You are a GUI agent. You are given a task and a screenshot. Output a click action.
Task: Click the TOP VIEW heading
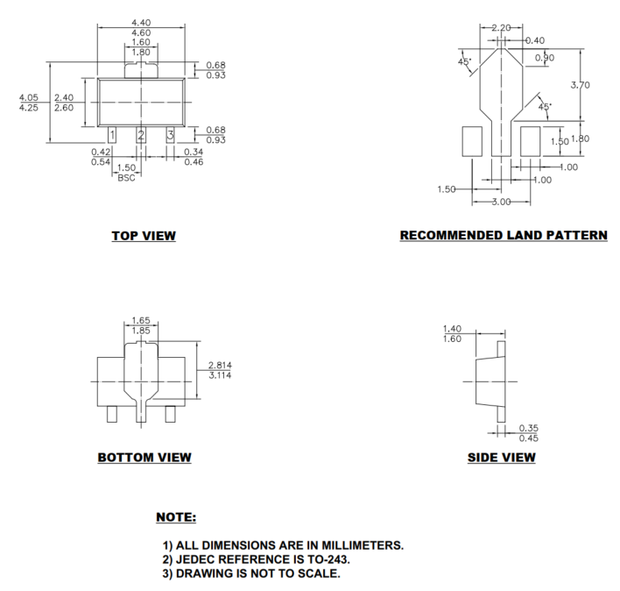coord(143,235)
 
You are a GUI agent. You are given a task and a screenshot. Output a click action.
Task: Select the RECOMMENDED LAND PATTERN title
coord(503,235)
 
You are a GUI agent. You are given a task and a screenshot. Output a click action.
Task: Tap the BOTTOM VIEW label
coord(144,457)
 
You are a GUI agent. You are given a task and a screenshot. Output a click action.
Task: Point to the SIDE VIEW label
coord(502,457)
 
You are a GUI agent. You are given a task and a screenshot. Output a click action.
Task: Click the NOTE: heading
coord(175,517)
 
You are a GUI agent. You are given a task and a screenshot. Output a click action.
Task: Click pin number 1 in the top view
coord(112,134)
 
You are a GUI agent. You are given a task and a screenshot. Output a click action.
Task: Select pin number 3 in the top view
coord(170,134)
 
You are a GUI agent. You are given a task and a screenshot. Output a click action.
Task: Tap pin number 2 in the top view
coord(141,134)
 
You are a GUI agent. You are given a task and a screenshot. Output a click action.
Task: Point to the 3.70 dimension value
coord(580,85)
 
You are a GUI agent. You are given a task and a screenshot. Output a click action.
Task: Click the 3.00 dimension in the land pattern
coord(502,203)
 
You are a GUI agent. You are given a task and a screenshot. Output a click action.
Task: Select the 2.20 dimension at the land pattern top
coord(501,28)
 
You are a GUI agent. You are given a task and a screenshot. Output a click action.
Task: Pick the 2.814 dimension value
coord(220,365)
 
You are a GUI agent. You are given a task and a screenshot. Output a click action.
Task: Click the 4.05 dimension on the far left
coord(29,97)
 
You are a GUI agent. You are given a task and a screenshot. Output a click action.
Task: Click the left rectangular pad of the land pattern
coord(472,140)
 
